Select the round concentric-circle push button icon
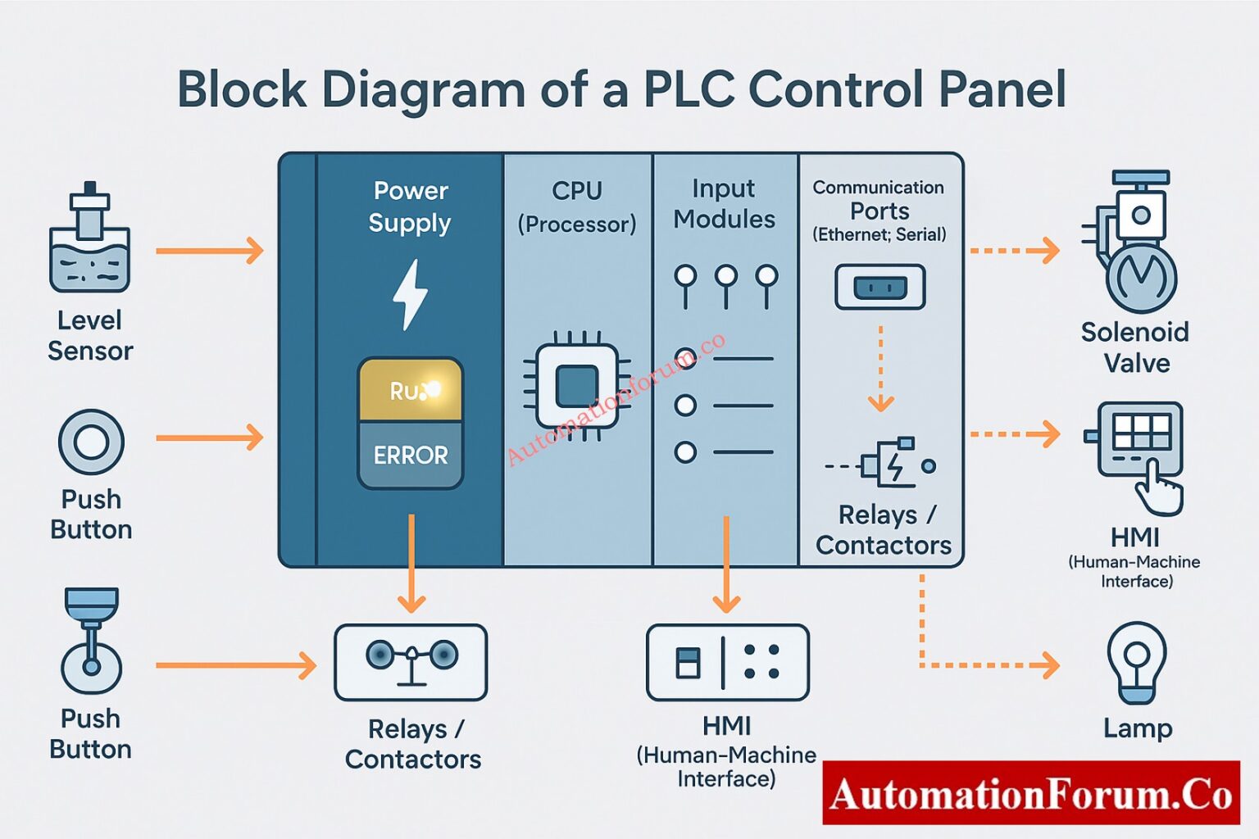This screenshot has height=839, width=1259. point(91,442)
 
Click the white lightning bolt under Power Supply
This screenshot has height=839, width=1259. point(410,295)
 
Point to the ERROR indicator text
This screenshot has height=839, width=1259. point(411,456)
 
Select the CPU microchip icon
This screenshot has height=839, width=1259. point(576,386)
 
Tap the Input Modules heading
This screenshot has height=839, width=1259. point(724,204)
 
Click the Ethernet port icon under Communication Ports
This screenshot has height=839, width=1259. point(879,287)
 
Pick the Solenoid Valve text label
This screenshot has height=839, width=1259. point(1135,347)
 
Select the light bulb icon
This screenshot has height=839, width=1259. point(1137,662)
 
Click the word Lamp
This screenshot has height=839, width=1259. point(1138,728)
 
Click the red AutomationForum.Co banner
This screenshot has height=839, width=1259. point(1030,792)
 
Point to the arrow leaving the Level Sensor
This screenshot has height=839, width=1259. point(210,250)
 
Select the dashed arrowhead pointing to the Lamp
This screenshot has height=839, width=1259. point(1048,665)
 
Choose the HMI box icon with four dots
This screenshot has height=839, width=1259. point(727,662)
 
